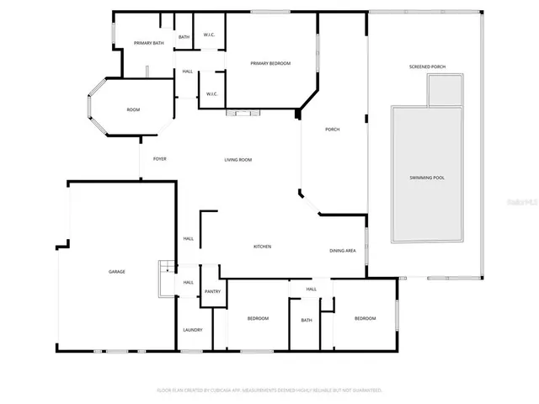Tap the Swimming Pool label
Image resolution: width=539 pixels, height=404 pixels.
[x=426, y=178]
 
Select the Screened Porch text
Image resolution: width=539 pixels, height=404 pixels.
[x=426, y=66]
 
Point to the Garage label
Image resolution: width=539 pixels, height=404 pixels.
[x=116, y=272]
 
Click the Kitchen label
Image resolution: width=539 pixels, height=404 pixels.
[x=262, y=247]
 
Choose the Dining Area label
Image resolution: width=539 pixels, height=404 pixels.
[x=342, y=251]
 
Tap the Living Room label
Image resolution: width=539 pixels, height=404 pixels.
[x=237, y=160]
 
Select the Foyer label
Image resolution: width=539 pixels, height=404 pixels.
[x=159, y=159]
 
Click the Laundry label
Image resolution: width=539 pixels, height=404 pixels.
[x=193, y=329]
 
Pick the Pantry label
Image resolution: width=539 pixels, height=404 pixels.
[x=212, y=291]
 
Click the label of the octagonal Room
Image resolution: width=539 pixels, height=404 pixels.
[x=133, y=109]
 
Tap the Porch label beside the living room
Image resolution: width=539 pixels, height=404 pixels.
[x=332, y=129]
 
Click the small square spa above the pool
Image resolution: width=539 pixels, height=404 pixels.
[x=446, y=90]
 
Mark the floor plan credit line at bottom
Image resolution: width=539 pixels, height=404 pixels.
[x=269, y=391]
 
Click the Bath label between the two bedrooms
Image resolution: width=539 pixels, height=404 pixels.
[x=307, y=320]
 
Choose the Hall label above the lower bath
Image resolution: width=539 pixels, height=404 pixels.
[x=311, y=290]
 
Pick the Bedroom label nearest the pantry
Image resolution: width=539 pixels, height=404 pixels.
[x=258, y=318]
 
